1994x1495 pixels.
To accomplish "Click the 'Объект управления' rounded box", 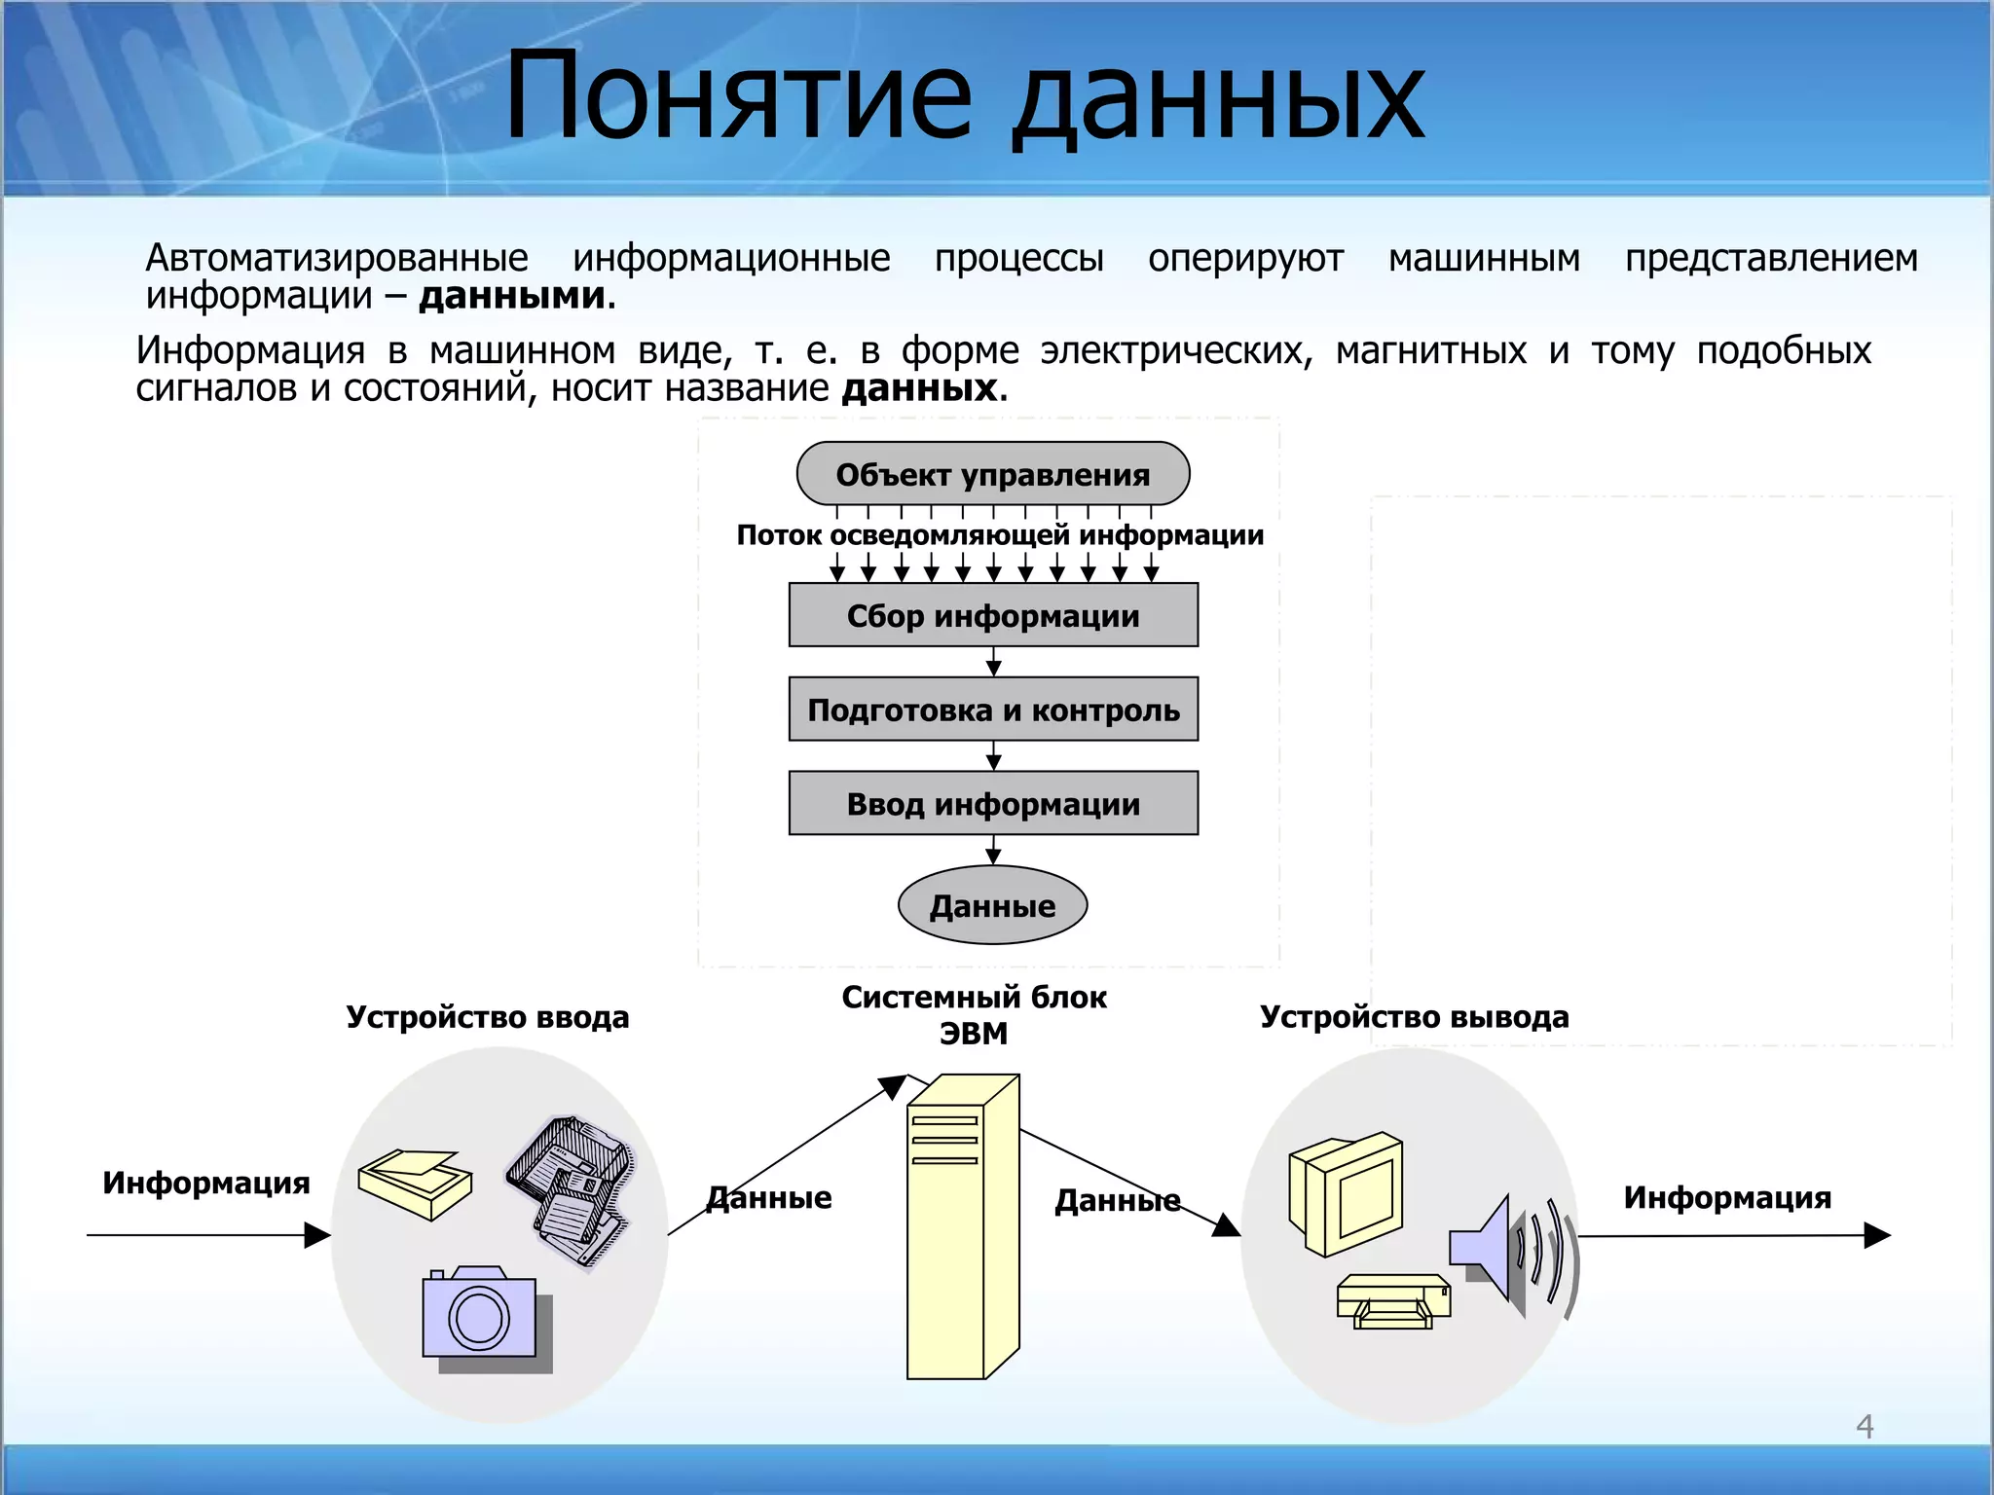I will point(992,474).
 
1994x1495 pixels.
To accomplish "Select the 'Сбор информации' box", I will point(992,615).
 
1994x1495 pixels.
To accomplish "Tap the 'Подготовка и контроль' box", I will point(992,710).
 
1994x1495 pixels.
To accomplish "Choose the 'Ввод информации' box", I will point(992,804).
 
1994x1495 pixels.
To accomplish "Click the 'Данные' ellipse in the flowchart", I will point(992,906).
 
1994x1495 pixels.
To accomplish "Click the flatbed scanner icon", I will point(415,1183).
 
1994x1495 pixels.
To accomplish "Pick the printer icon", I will point(1392,1300).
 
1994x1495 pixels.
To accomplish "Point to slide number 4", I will point(1865,1426).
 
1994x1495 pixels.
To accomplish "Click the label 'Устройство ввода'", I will point(488,1017).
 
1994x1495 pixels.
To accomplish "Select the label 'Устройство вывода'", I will point(1414,1017).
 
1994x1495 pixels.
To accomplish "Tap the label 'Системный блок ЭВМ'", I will point(974,1014).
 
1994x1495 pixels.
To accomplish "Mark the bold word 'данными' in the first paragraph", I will point(512,296).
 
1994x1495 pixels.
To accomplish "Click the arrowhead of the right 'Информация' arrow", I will point(1879,1235).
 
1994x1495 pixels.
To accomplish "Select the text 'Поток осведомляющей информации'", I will point(1000,535).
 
